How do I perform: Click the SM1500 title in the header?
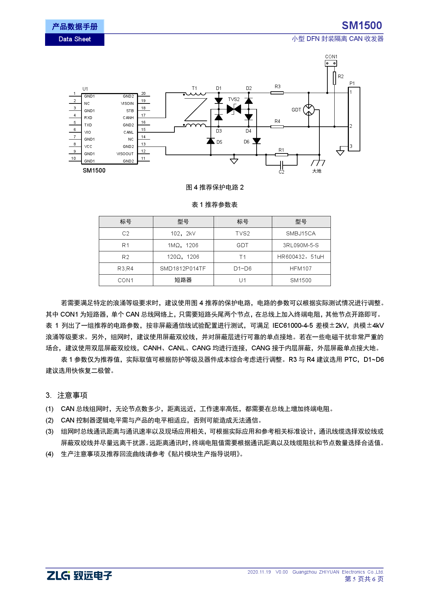pyautogui.click(x=362, y=26)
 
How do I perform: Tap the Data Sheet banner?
pyautogui.click(x=75, y=39)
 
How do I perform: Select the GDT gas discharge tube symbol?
pyautogui.click(x=309, y=110)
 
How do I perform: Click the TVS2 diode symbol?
pyautogui.click(x=234, y=109)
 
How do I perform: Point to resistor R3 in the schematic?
pyautogui.click(x=277, y=93)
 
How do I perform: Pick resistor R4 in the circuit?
pyautogui.click(x=277, y=127)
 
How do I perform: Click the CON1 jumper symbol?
pyautogui.click(x=330, y=63)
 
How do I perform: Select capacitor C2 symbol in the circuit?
pyautogui.click(x=282, y=165)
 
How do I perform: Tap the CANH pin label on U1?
pyautogui.click(x=128, y=118)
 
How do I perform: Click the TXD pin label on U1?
pyautogui.click(x=88, y=125)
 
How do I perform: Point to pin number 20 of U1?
pyautogui.click(x=143, y=94)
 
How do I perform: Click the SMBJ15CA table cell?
pyautogui.click(x=301, y=234)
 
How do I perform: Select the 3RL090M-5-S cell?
pyautogui.click(x=301, y=245)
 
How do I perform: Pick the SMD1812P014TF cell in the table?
pyautogui.click(x=183, y=269)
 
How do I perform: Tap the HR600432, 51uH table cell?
pyautogui.click(x=301, y=257)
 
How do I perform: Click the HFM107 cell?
pyautogui.click(x=301, y=269)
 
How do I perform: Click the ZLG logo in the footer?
pyautogui.click(x=79, y=575)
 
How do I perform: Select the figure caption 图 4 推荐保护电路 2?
pyautogui.click(x=215, y=187)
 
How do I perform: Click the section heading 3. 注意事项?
pyautogui.click(x=67, y=395)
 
